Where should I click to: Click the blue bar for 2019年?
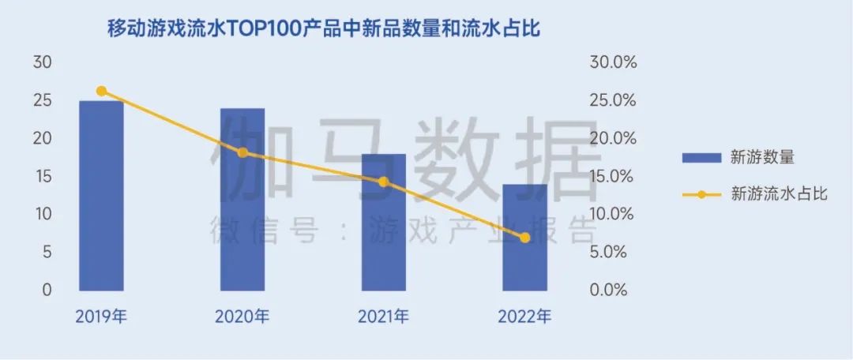[x=101, y=196]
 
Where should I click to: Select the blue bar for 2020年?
[x=242, y=199]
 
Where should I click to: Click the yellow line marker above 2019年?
[x=101, y=92]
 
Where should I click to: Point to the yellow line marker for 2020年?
[x=242, y=152]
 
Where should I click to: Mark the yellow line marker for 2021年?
[x=384, y=182]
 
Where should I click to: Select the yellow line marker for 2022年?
[x=525, y=238]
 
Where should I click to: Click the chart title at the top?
[x=329, y=30]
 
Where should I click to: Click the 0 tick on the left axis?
[x=47, y=290]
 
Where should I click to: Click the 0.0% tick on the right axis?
[x=611, y=290]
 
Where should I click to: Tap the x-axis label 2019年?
[x=101, y=317]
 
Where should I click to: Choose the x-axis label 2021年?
[x=384, y=317]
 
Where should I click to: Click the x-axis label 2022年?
[x=525, y=317]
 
